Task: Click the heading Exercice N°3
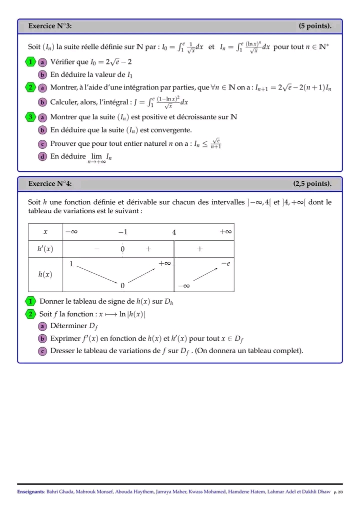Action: pyautogui.click(x=50, y=26)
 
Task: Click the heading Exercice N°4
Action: pyautogui.click(x=50, y=184)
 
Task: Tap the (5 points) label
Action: pyautogui.click(x=315, y=26)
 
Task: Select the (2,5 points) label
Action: pyautogui.click(x=312, y=184)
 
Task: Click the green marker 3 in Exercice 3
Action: pyautogui.click(x=30, y=117)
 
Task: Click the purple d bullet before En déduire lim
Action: pyautogui.click(x=42, y=156)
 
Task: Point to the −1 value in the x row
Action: pyautogui.click(x=122, y=232)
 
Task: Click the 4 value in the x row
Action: pyautogui.click(x=174, y=232)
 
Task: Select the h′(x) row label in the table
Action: pyautogui.click(x=45, y=249)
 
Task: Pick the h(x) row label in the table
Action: pyautogui.click(x=45, y=274)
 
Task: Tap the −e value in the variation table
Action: pyautogui.click(x=225, y=264)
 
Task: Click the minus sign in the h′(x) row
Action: pyautogui.click(x=96, y=249)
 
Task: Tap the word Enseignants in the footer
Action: pyautogui.click(x=30, y=493)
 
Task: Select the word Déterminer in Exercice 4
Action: pyautogui.click(x=68, y=326)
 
